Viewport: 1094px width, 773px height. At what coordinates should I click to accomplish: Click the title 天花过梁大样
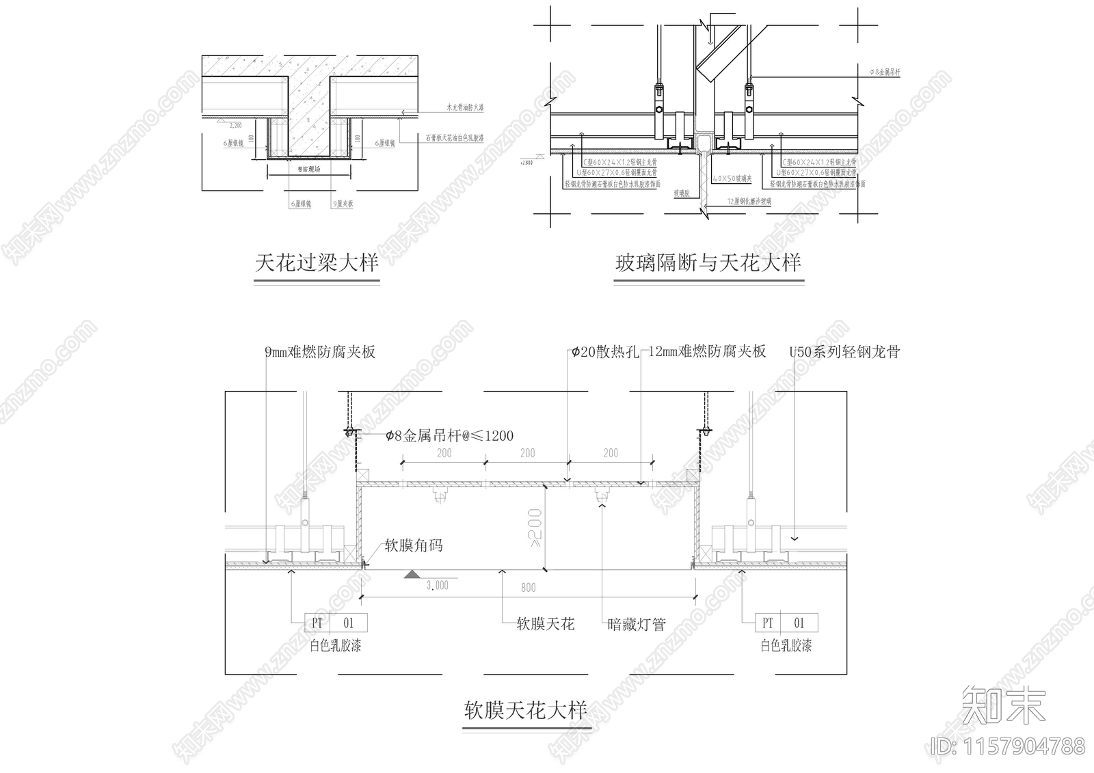[x=317, y=263]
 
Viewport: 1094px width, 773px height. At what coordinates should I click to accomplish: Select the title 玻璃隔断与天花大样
[x=708, y=262]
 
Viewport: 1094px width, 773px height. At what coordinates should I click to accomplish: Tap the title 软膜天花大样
[x=526, y=711]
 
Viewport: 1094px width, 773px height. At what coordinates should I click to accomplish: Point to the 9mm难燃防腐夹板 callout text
[x=320, y=352]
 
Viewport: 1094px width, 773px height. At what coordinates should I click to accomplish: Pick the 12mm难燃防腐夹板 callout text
[x=706, y=352]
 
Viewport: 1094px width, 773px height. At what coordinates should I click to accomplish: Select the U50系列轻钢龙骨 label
[x=844, y=352]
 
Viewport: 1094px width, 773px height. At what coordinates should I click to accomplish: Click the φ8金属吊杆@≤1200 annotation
[x=449, y=435]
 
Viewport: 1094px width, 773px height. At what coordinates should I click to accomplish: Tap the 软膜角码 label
[x=414, y=545]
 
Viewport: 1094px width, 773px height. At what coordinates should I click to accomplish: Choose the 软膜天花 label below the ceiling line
[x=545, y=623]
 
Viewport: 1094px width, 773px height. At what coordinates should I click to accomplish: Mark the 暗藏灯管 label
[x=637, y=623]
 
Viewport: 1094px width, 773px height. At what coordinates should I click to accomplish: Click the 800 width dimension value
[x=528, y=587]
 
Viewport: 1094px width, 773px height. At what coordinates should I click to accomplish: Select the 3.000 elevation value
[x=437, y=585]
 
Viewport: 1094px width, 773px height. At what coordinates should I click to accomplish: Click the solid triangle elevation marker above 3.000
[x=413, y=575]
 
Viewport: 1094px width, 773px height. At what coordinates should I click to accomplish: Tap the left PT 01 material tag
[x=336, y=623]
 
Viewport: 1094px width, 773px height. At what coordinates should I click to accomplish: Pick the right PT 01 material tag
[x=786, y=623]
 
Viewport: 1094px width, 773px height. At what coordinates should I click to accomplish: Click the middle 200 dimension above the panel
[x=527, y=453]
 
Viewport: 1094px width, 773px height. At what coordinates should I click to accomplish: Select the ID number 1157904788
[x=1009, y=746]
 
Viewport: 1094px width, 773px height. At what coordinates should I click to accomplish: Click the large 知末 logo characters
[x=1003, y=705]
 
